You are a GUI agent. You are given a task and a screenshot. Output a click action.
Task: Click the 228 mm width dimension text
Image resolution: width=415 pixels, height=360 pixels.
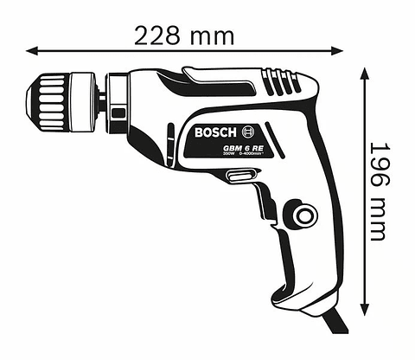pyautogui.click(x=184, y=35)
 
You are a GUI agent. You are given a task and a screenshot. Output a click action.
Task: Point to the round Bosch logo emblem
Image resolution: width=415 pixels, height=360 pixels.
pyautogui.click(x=250, y=132)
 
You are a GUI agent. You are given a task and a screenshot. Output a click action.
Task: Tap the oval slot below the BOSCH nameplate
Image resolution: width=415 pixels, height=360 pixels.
pyautogui.click(x=239, y=177)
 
